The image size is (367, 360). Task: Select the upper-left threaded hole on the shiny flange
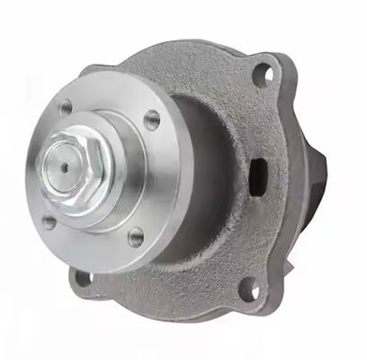point(65,107)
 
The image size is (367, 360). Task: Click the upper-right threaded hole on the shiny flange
point(152,118)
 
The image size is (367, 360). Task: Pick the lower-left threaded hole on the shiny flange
point(49,220)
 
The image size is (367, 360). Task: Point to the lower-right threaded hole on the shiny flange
point(136,237)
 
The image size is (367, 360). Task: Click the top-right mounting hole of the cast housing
point(262,75)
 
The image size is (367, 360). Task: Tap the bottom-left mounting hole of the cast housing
point(83,278)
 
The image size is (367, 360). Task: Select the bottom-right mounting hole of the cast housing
point(248,290)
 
